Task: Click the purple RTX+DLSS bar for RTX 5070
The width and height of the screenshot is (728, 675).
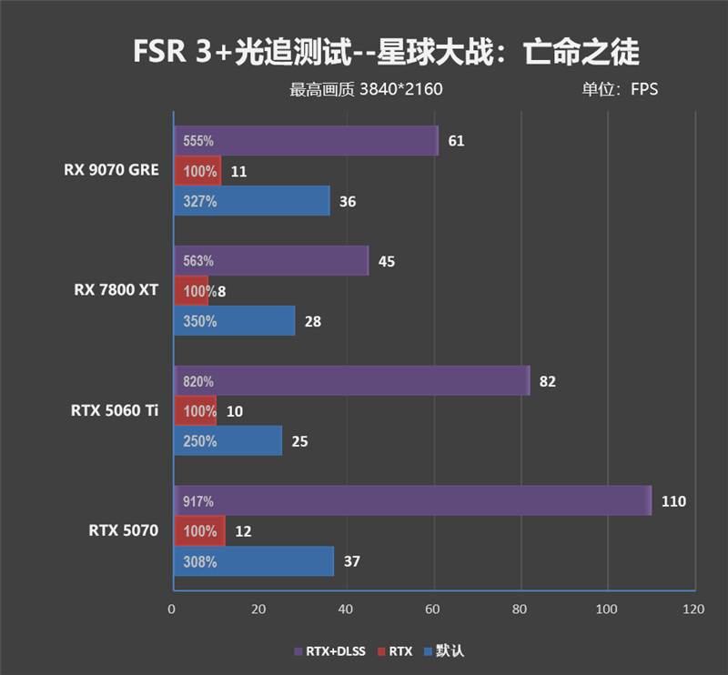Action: pyautogui.click(x=412, y=500)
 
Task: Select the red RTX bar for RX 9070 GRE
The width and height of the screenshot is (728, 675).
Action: pyautogui.click(x=197, y=170)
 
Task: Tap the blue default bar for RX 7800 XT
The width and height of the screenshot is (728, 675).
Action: pyautogui.click(x=234, y=320)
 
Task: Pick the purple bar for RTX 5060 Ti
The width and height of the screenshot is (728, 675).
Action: pyautogui.click(x=351, y=381)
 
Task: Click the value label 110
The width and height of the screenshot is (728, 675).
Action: pyautogui.click(x=673, y=501)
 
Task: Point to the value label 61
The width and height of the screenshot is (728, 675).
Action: pyautogui.click(x=456, y=141)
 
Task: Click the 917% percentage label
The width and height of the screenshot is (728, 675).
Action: pyautogui.click(x=198, y=501)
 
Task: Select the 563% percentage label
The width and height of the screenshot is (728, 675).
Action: pyautogui.click(x=198, y=261)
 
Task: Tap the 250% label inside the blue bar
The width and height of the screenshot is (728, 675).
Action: pyautogui.click(x=199, y=441)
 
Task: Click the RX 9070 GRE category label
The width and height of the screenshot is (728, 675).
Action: pyautogui.click(x=111, y=170)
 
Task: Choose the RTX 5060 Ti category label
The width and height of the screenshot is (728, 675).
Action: pyautogui.click(x=114, y=411)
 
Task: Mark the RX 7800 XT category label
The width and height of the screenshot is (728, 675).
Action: pyautogui.click(x=116, y=290)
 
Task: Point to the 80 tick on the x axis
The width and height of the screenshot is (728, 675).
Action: pyautogui.click(x=520, y=609)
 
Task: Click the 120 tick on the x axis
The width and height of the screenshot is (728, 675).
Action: pyautogui.click(x=693, y=609)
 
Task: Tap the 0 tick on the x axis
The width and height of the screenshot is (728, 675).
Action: pyautogui.click(x=172, y=609)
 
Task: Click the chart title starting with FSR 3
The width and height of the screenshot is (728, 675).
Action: pyautogui.click(x=386, y=52)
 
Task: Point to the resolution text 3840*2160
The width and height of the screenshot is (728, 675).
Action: pyautogui.click(x=400, y=89)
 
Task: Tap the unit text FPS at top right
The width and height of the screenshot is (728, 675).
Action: pyautogui.click(x=643, y=89)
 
